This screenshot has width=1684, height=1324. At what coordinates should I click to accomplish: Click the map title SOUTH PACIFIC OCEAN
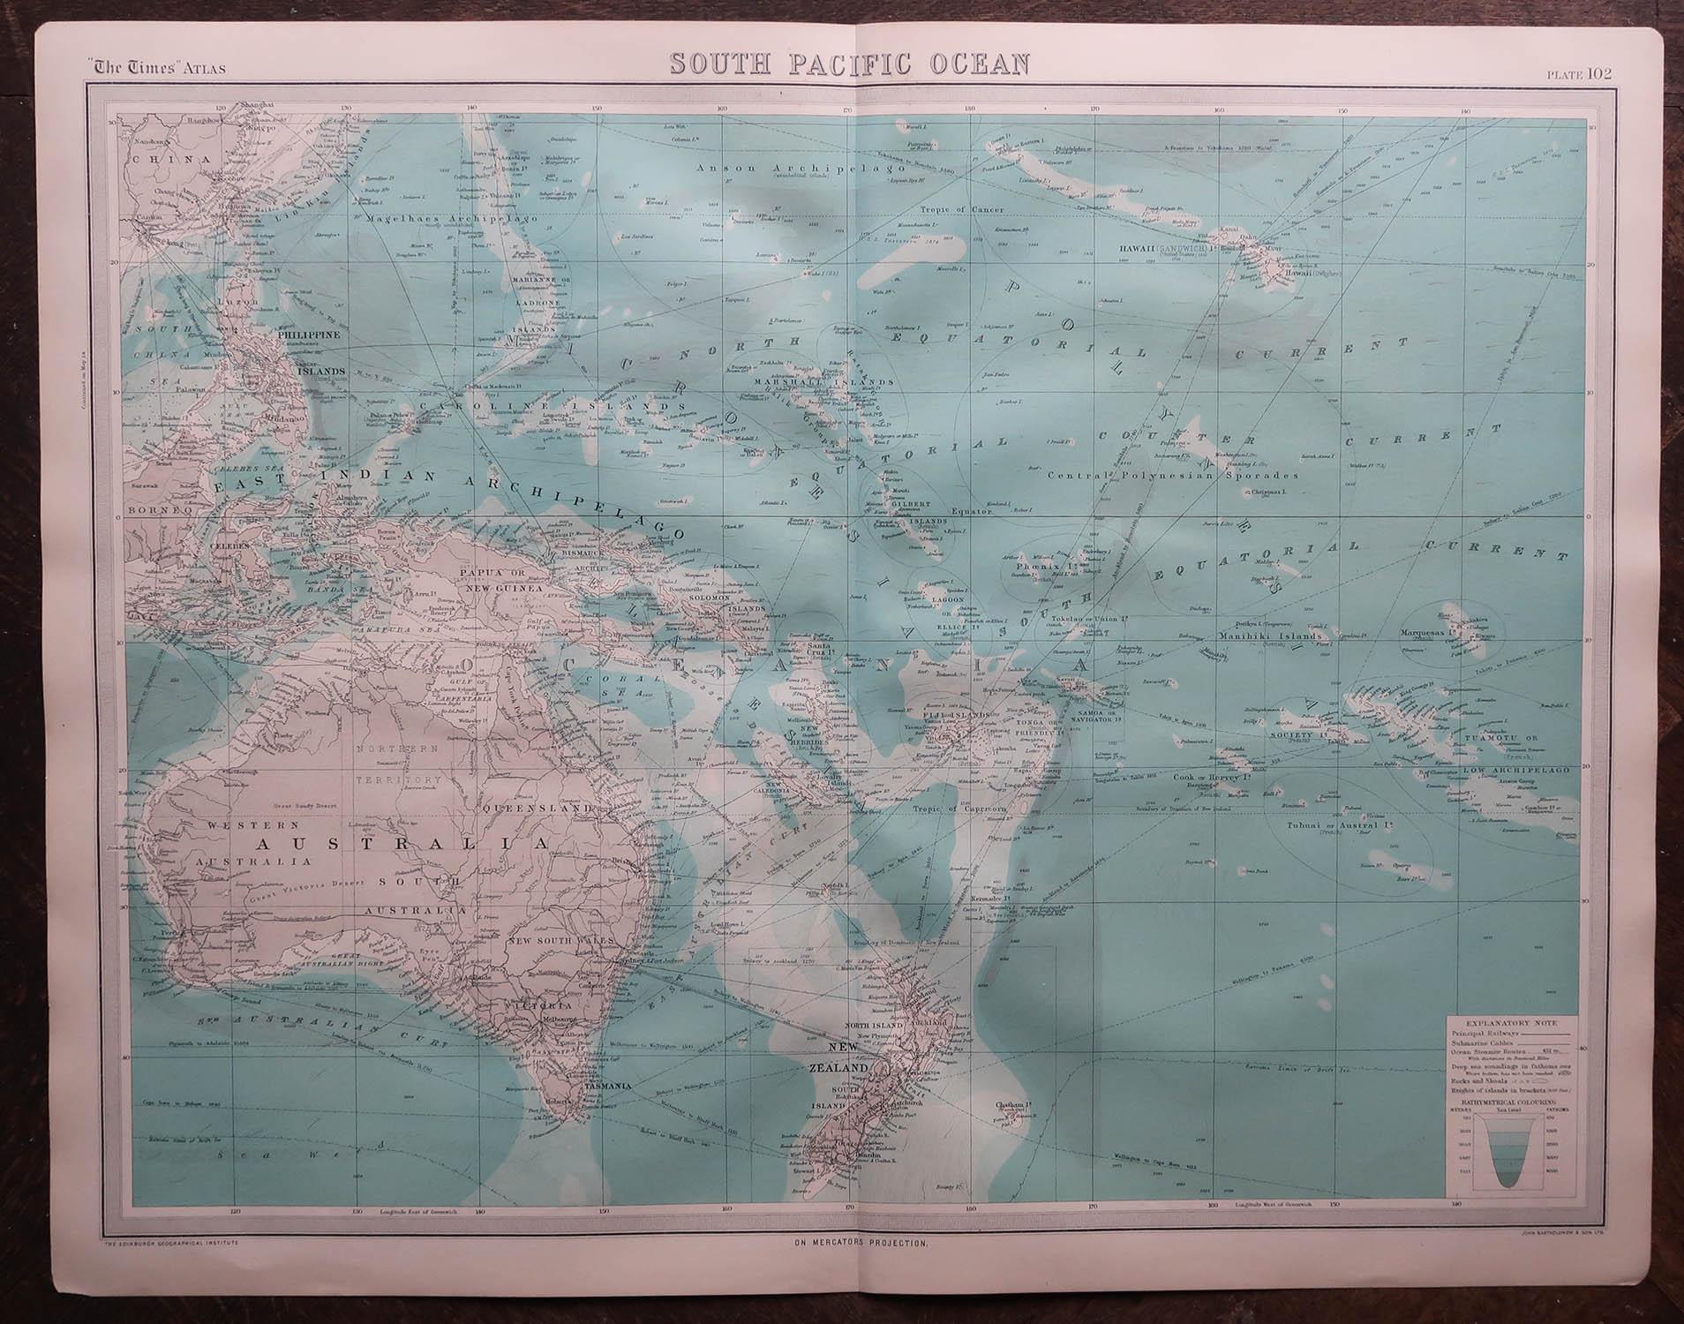pyautogui.click(x=848, y=64)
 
